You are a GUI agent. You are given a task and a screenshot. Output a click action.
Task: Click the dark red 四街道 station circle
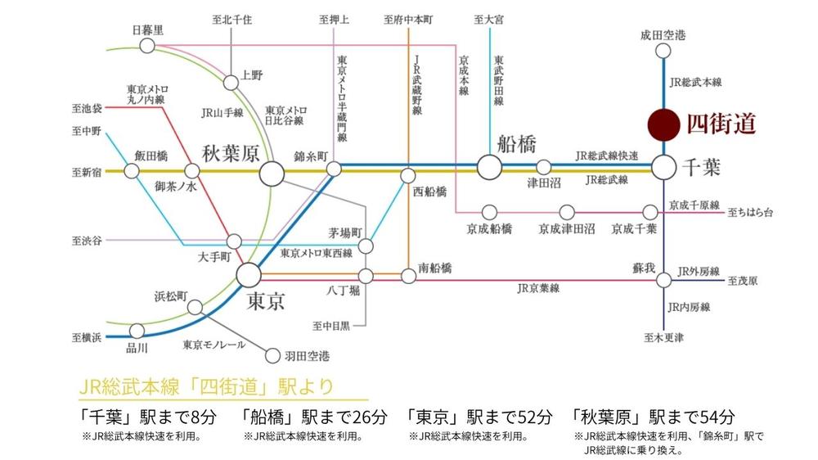click(663, 124)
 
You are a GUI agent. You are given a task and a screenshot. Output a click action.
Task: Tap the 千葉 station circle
click(663, 167)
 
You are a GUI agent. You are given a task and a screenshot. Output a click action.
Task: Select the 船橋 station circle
click(489, 167)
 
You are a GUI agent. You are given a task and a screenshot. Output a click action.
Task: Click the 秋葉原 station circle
click(272, 173)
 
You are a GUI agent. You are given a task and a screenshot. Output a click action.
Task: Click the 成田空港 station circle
click(663, 51)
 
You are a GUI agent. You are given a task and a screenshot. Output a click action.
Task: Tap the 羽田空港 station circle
click(272, 356)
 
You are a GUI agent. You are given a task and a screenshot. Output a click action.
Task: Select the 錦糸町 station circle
click(334, 169)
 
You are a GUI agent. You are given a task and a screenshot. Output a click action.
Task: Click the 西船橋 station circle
click(407, 175)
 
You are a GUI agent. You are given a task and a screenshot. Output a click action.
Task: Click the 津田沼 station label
click(544, 183)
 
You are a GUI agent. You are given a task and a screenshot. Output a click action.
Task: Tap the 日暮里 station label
click(148, 30)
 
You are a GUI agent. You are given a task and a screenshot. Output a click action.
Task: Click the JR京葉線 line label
click(538, 288)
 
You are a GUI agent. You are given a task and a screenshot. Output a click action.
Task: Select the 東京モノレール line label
click(214, 345)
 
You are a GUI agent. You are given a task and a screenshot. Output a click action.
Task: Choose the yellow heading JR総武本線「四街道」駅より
click(205, 386)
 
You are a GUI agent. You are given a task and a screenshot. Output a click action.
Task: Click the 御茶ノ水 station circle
click(193, 171)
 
